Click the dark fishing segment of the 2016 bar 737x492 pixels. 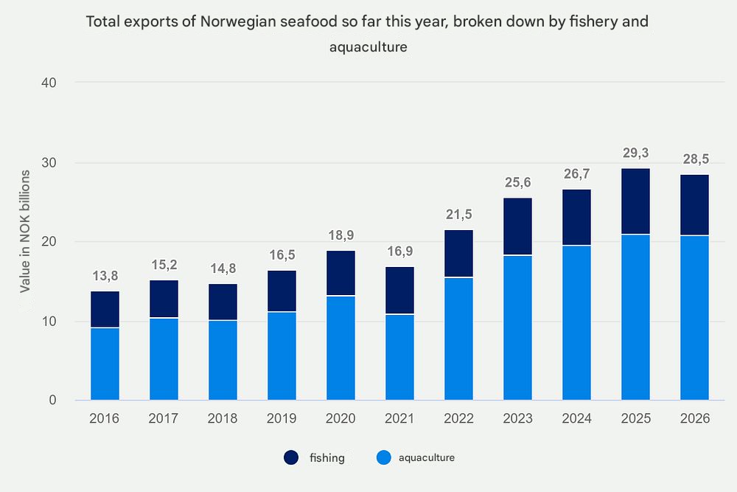[105, 309]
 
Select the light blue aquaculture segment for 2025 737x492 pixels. [635, 317]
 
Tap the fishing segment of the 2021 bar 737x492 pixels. [399, 291]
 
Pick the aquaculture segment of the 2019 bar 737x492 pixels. [282, 356]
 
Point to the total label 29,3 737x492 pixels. [635, 153]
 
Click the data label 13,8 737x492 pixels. [105, 276]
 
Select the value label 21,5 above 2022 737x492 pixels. [458, 215]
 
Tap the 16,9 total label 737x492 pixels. [399, 252]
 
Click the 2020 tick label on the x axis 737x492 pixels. [340, 419]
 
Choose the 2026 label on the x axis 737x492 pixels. [694, 419]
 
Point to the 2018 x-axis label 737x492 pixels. [223, 419]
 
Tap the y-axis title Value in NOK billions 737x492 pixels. [25, 231]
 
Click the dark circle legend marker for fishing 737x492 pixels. [291, 458]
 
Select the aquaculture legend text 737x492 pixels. [426, 458]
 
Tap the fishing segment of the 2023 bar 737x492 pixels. [517, 226]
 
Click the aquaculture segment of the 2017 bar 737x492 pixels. [164, 359]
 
